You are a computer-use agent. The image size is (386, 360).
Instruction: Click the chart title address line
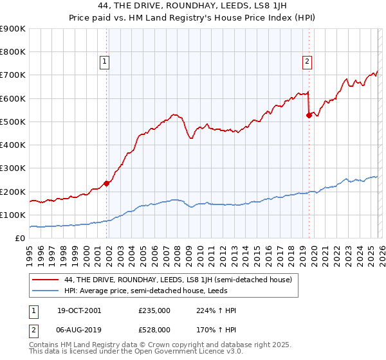point(192,6)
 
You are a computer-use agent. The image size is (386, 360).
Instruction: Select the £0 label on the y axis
point(19,239)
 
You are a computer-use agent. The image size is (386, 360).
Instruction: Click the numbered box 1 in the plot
point(105,62)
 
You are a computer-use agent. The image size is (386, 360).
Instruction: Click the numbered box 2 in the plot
point(307,62)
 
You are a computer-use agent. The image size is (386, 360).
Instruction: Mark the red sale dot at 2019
point(309,115)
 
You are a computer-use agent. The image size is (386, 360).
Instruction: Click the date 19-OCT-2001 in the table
point(79,310)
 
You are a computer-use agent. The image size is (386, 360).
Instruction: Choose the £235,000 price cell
point(156,310)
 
